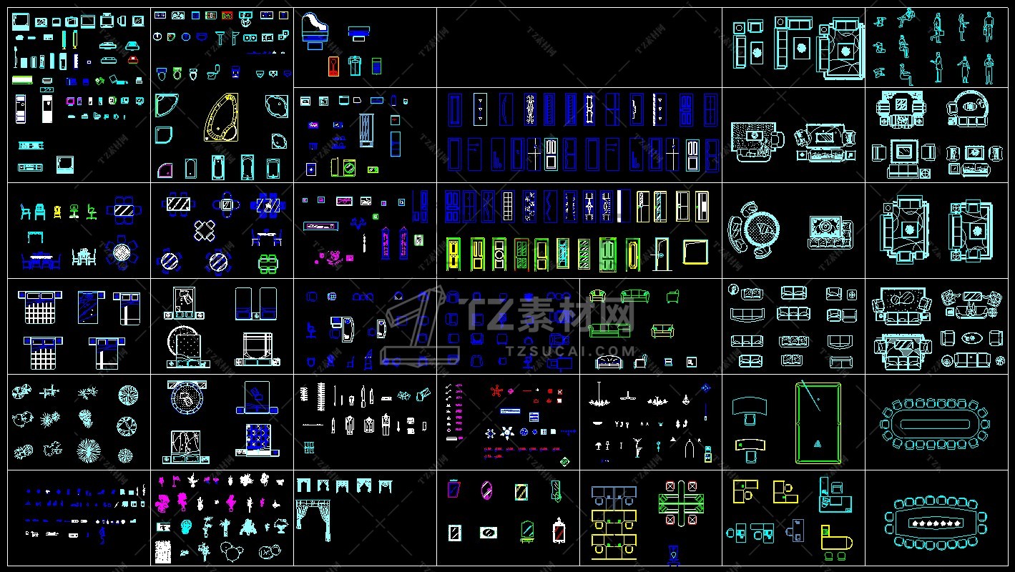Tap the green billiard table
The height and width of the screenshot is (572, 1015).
click(818, 423)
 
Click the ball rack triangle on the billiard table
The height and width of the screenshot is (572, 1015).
click(817, 444)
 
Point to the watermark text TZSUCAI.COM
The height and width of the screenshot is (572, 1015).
click(570, 351)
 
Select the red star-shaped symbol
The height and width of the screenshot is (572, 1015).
click(496, 390)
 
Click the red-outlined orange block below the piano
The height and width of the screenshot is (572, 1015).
click(334, 66)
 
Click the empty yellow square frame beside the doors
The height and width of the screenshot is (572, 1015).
click(695, 252)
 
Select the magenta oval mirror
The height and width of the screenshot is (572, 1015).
click(486, 490)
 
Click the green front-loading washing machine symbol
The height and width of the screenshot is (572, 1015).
click(349, 167)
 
